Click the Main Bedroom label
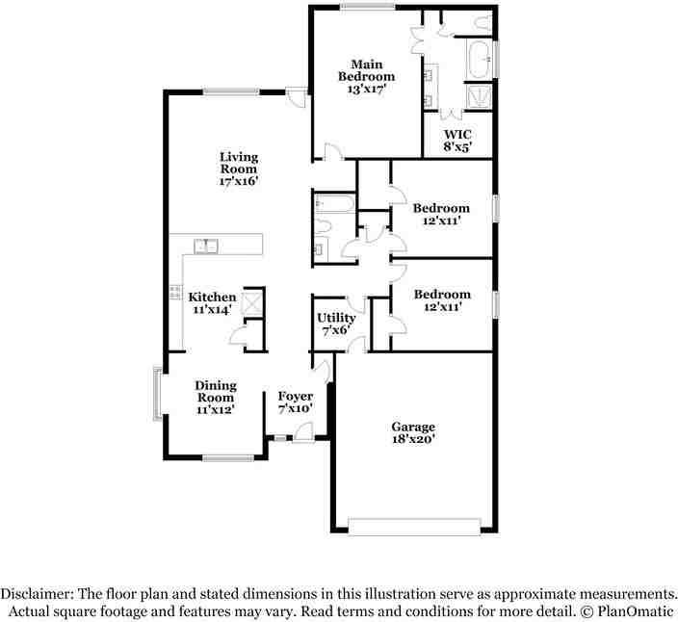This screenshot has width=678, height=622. tap(365, 69)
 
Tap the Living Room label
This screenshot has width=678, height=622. tap(238, 163)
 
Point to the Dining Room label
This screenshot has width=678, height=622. tap(216, 391)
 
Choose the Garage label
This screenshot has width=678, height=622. tap(413, 427)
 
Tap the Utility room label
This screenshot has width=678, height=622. tap(336, 318)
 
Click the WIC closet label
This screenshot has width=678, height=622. tap(456, 134)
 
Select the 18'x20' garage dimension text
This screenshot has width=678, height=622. tap(413, 439)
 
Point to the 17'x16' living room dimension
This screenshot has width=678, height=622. tap(238, 180)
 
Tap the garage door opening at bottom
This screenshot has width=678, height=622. tap(413, 525)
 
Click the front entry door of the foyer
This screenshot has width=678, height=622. tap(302, 438)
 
